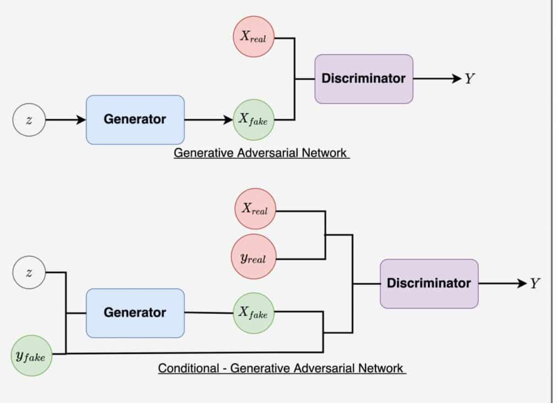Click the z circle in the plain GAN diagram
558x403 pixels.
(x=29, y=120)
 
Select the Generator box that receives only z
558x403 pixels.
(x=135, y=120)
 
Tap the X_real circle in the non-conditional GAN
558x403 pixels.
(x=254, y=37)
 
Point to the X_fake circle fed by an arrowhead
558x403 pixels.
(x=254, y=120)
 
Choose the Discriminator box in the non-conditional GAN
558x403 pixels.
(x=364, y=79)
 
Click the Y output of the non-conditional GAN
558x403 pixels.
(x=469, y=79)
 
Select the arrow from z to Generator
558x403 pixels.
(x=66, y=120)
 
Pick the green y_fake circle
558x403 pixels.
(x=31, y=355)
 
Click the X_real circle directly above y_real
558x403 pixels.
(x=255, y=209)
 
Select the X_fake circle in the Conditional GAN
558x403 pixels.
(x=254, y=313)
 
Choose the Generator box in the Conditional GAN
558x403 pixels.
(x=135, y=313)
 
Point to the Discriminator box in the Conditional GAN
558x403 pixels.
(x=429, y=283)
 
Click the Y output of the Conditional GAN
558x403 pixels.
(x=534, y=283)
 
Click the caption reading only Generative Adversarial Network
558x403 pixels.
(x=261, y=153)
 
